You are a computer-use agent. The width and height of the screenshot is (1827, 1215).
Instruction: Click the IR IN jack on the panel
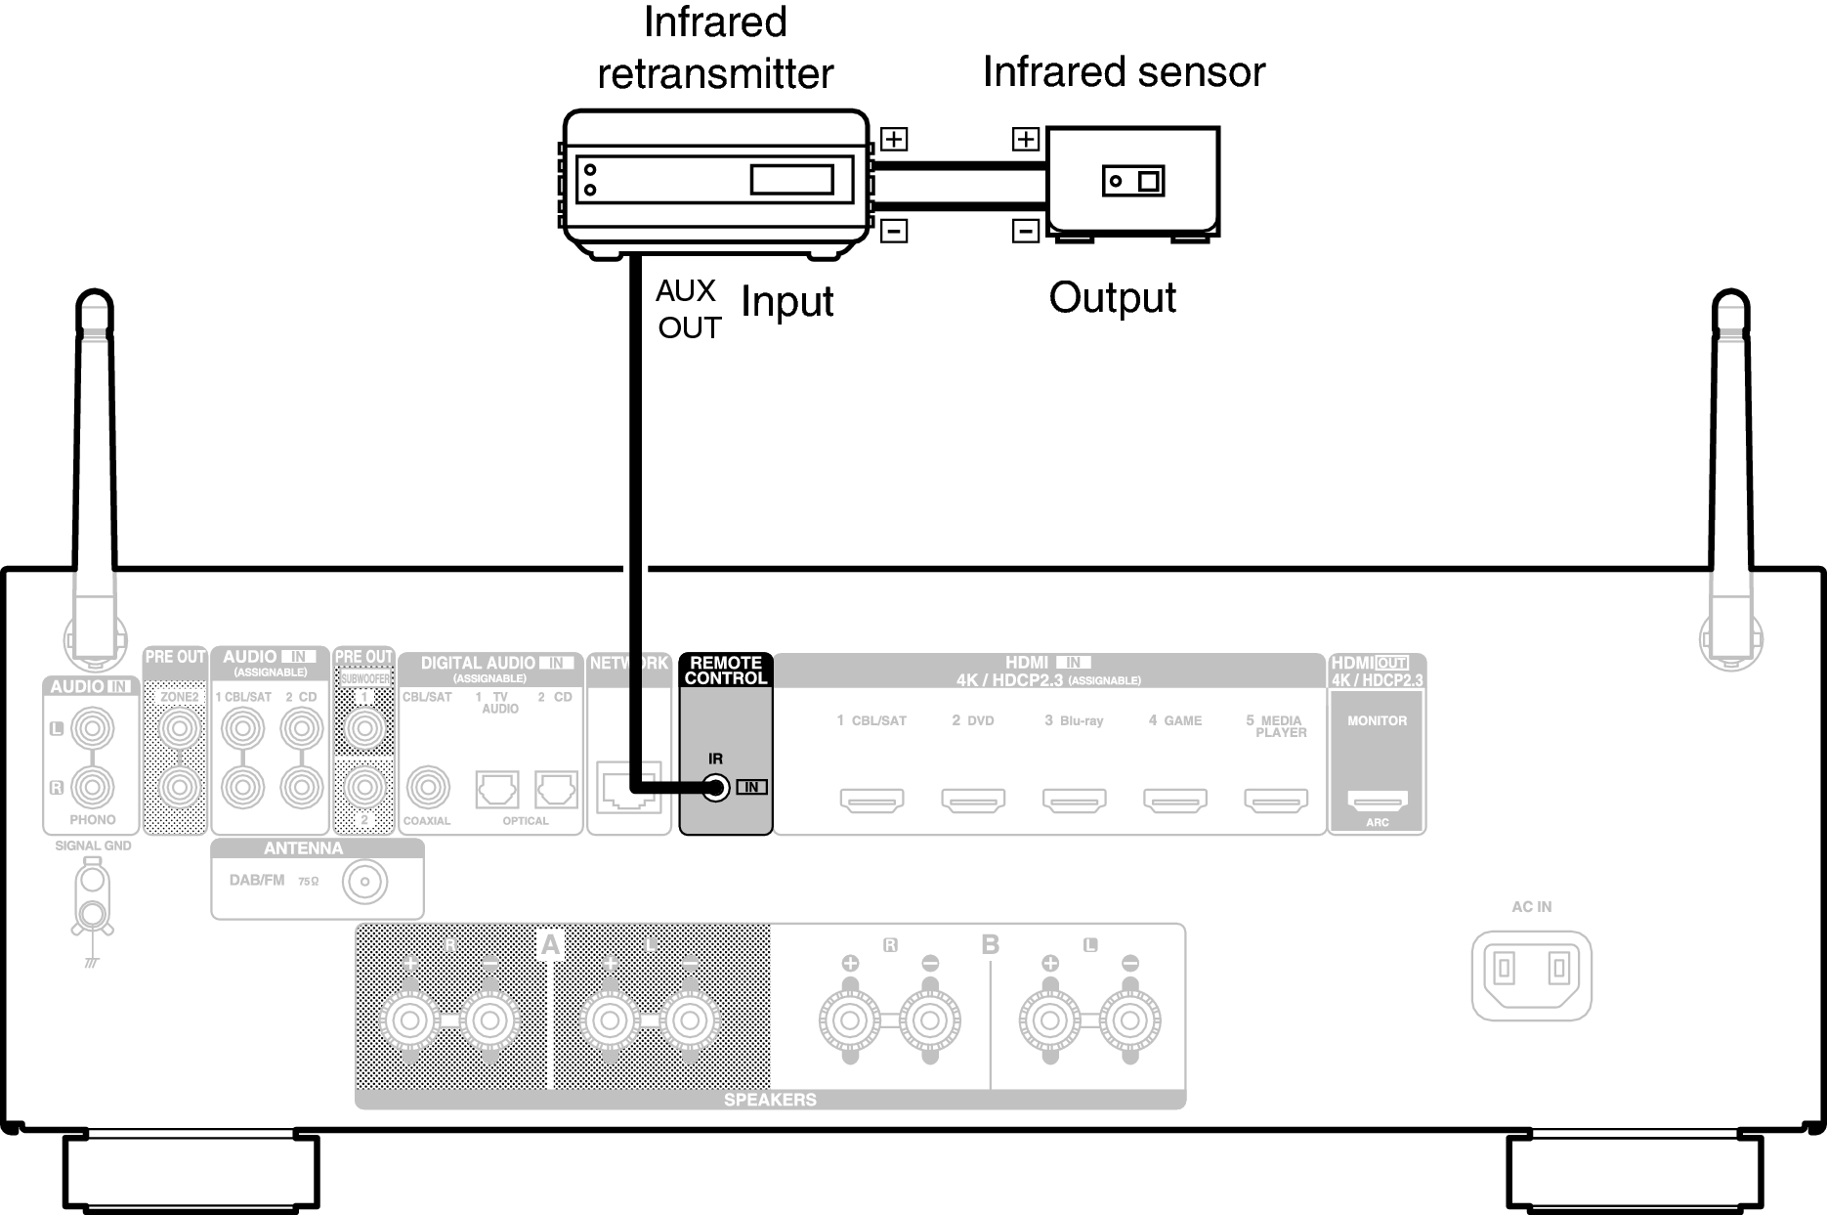click(x=716, y=787)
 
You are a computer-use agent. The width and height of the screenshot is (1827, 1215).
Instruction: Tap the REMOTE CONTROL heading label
click(x=725, y=671)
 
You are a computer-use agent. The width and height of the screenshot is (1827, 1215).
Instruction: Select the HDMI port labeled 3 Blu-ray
click(x=1074, y=801)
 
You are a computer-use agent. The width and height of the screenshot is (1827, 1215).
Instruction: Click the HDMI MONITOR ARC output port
click(x=1377, y=801)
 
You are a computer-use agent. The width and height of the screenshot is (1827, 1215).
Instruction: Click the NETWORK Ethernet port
click(x=628, y=789)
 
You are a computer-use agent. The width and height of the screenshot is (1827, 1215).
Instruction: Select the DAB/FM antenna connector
click(x=364, y=884)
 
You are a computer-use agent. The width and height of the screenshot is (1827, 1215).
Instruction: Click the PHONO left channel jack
click(x=93, y=727)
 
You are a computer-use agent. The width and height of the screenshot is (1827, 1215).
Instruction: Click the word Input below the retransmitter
click(x=786, y=301)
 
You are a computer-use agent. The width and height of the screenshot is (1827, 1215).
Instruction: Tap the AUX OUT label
click(x=688, y=309)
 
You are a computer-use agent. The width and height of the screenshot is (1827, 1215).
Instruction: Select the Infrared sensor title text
click(x=1124, y=71)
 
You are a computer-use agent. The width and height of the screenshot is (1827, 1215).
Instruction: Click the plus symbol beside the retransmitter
click(x=894, y=139)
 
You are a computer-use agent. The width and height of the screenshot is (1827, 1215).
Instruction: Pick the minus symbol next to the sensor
click(x=1025, y=232)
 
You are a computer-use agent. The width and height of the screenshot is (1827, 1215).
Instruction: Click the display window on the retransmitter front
click(x=791, y=180)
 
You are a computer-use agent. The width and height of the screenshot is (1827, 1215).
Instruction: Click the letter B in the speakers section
click(x=990, y=945)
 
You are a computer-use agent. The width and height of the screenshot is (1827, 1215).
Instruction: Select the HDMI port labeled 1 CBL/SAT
click(x=871, y=801)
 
